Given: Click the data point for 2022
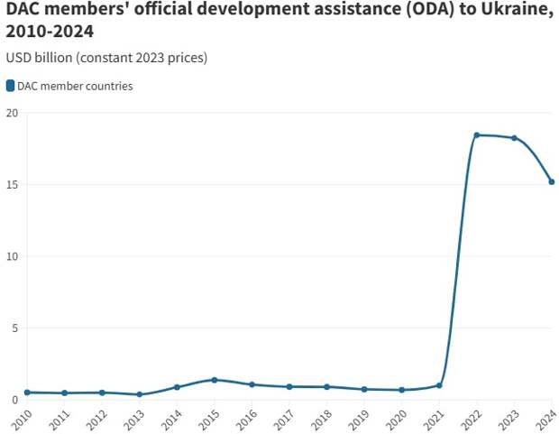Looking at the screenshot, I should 477,135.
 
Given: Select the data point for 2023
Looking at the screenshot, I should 514,138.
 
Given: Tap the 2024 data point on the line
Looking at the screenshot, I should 552,181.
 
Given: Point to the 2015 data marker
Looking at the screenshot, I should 214,380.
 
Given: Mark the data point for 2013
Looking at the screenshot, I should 139,394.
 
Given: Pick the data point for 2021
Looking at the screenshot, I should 439,385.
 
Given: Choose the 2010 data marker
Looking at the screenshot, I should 27,392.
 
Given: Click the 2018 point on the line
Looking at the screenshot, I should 326,387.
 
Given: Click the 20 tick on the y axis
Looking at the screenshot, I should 12,113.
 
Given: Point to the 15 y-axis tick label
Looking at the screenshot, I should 12,185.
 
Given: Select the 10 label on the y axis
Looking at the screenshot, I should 12,256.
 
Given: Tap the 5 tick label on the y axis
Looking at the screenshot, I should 14,328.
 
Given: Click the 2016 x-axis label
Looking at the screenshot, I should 246,419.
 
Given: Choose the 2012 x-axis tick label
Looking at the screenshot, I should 96,419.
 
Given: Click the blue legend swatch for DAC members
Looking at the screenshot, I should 10,86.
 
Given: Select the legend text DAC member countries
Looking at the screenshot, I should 75,86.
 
